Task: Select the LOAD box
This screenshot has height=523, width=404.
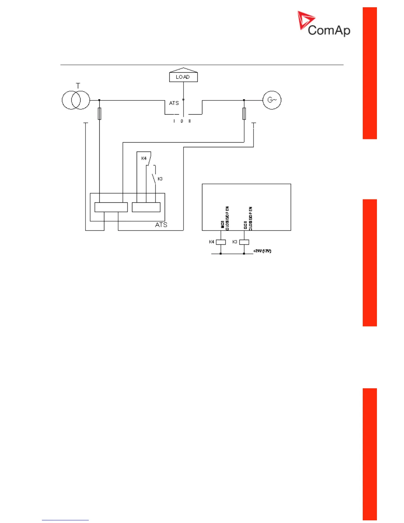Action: point(183,77)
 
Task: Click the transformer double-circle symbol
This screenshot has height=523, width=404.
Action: point(76,100)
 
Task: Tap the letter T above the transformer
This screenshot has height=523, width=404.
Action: point(78,86)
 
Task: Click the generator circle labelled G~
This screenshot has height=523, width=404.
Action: point(272,100)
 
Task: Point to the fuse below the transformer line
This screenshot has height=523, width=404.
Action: point(99,113)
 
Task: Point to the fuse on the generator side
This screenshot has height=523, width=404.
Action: point(244,113)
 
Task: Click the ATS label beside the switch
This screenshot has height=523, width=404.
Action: point(174,103)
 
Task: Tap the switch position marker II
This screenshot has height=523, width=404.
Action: point(189,121)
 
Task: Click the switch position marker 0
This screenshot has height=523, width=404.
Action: point(182,121)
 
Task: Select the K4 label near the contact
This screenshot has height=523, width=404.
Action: point(144,158)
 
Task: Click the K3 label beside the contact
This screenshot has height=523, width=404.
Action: point(160,179)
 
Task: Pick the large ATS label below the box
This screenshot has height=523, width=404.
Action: point(161,225)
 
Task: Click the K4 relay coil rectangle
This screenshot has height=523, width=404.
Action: point(220,242)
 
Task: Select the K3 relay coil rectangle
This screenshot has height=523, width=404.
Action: point(244,242)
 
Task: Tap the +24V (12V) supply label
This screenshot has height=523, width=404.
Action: point(262,251)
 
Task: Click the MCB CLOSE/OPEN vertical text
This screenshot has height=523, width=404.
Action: point(225,218)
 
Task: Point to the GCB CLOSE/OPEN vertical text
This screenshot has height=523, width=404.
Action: point(248,218)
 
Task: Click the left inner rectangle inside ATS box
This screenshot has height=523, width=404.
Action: point(111,207)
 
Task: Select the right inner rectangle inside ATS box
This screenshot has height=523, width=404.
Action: point(146,207)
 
